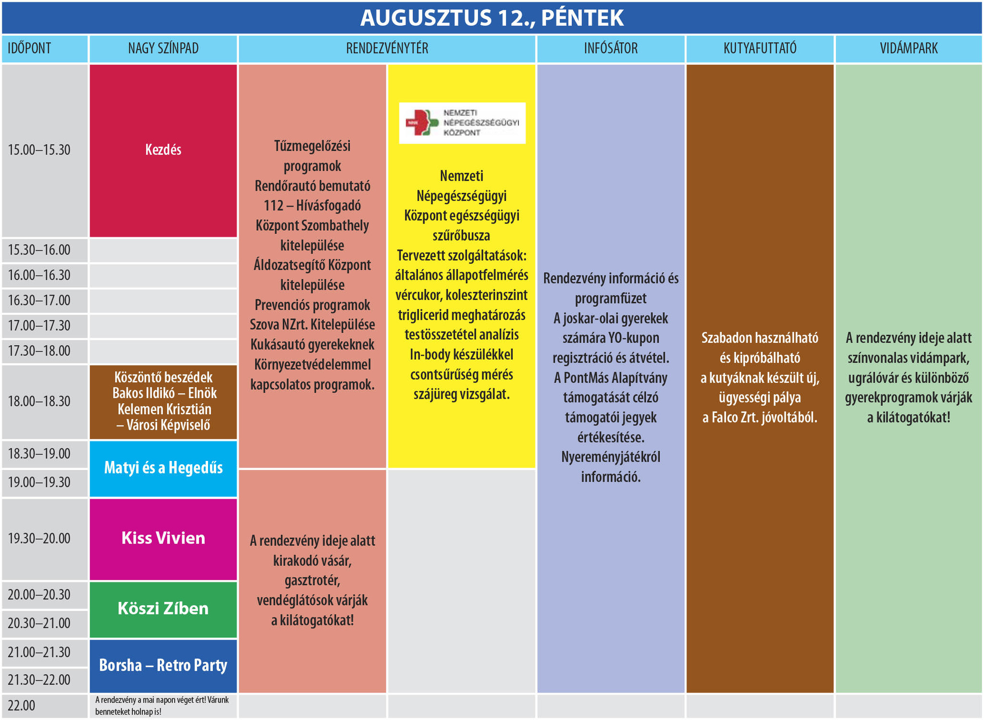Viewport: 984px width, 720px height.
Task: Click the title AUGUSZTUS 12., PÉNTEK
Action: pyautogui.click(x=492, y=18)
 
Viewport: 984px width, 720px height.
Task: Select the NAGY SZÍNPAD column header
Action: pyautogui.click(x=163, y=49)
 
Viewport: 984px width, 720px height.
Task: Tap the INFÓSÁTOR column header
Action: pyautogui.click(x=611, y=49)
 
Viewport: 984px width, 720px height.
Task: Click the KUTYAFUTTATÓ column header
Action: pyautogui.click(x=760, y=49)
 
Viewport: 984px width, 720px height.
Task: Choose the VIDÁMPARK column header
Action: pyautogui.click(x=909, y=49)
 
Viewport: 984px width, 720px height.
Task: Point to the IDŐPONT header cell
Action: pyautogui.click(x=29, y=49)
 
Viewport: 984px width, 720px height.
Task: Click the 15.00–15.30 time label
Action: pyautogui.click(x=39, y=150)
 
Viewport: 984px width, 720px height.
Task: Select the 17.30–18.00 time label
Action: pyautogui.click(x=39, y=351)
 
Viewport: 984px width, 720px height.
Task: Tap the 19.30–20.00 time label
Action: pyautogui.click(x=39, y=538)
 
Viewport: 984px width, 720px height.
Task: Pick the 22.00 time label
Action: pyautogui.click(x=22, y=706)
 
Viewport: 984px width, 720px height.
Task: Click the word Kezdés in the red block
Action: pyautogui.click(x=163, y=150)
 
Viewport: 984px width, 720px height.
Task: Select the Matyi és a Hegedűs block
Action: pyautogui.click(x=163, y=468)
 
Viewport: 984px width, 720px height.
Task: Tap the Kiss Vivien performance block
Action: pyautogui.click(x=163, y=538)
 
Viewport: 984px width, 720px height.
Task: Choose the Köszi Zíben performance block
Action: pyautogui.click(x=163, y=608)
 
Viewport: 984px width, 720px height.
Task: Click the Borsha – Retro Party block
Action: pyautogui.click(x=163, y=665)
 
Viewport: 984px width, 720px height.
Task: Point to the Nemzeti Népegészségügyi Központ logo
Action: pyautogui.click(x=462, y=123)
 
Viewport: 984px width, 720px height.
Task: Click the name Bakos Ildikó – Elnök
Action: pyautogui.click(x=164, y=393)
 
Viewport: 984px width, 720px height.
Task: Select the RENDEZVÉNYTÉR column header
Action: pyautogui.click(x=387, y=49)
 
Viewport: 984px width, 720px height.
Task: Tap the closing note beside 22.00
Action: pyautogui.click(x=162, y=706)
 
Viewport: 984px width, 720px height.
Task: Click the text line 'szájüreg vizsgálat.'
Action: pyautogui.click(x=462, y=395)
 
